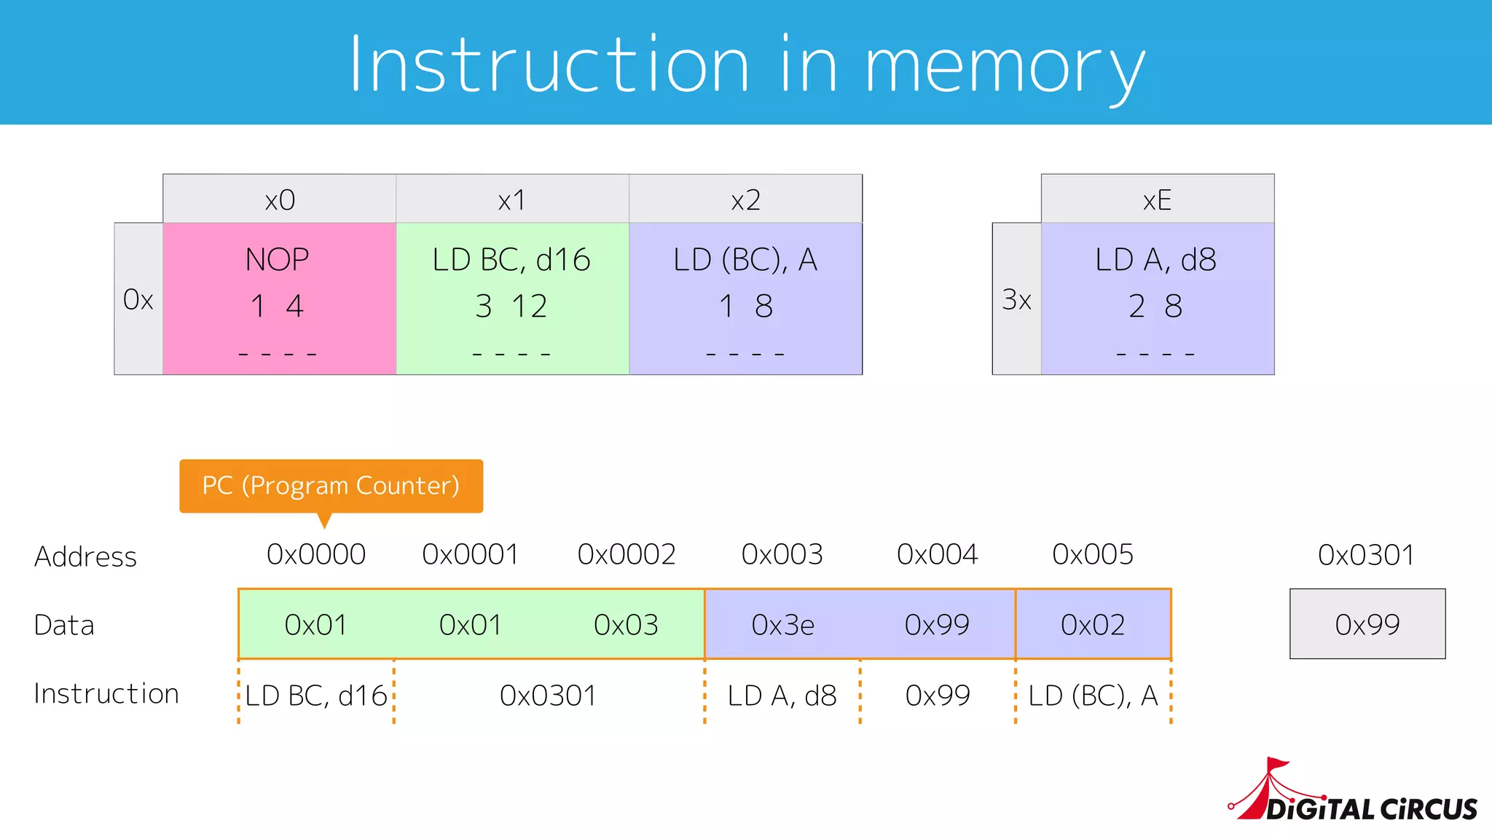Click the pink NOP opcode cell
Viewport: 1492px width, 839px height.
point(279,299)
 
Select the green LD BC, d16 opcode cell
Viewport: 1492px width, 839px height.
point(512,299)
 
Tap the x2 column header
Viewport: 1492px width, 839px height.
point(745,200)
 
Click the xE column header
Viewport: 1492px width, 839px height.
point(1157,200)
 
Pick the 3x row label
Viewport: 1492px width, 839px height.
point(1016,299)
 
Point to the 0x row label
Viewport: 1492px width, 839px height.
point(138,299)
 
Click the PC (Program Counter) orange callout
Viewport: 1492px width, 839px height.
point(331,486)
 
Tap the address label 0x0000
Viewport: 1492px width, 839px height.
point(316,555)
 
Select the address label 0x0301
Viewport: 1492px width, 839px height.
point(1366,556)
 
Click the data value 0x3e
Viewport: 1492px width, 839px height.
point(782,625)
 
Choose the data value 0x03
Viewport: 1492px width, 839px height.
point(626,625)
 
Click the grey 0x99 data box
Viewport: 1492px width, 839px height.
point(1367,624)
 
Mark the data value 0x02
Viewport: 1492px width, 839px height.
point(1093,625)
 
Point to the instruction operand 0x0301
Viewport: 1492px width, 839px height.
point(548,696)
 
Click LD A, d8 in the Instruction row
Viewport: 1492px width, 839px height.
point(782,696)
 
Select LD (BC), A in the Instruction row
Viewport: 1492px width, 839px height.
point(1093,696)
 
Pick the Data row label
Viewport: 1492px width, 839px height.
point(64,626)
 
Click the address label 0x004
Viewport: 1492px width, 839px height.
point(937,555)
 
